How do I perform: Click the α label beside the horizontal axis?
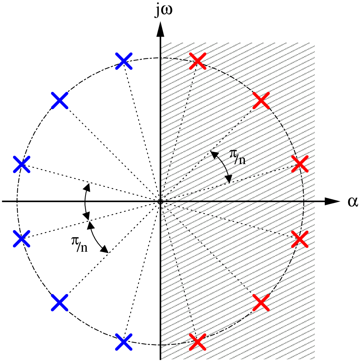coord(353,201)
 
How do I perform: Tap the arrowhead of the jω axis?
coord(160,30)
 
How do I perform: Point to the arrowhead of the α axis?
coord(332,201)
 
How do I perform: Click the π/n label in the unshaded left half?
coord(79,244)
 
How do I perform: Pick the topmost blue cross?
coord(124,61)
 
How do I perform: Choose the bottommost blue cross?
coord(124,342)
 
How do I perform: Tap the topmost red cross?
coord(198,61)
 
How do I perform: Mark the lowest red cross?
coord(198,342)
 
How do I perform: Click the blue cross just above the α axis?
coord(21,164)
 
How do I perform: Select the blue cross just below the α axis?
coord(21,239)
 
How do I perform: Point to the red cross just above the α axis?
coord(300,164)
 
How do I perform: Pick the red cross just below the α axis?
coord(300,239)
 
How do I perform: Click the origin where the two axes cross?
coord(160,201)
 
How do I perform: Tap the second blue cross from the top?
coord(59,100)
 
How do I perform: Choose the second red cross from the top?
coord(261,100)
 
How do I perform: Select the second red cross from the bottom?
coord(261,302)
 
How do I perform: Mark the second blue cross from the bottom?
coord(59,302)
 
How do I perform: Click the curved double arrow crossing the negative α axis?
coord(85,201)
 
